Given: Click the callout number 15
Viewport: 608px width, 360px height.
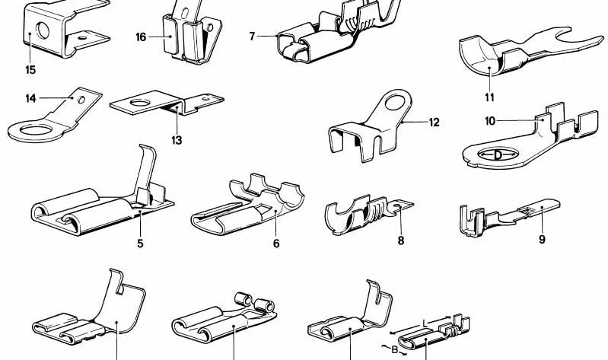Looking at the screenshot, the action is pyautogui.click(x=30, y=70).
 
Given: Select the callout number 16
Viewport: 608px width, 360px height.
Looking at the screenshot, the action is pyautogui.click(x=141, y=37).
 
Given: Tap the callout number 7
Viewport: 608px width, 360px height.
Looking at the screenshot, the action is pyautogui.click(x=252, y=37).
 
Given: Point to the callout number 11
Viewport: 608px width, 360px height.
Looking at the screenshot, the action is pyautogui.click(x=489, y=97).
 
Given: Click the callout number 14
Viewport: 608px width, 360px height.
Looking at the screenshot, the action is pyautogui.click(x=31, y=98).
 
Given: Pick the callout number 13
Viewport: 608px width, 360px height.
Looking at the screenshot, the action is pyautogui.click(x=177, y=140).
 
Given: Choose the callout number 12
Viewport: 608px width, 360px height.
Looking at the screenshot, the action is pyautogui.click(x=435, y=123).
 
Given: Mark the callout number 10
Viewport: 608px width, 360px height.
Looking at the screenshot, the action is pyautogui.click(x=490, y=122).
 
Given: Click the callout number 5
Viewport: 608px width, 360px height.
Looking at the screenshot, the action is pyautogui.click(x=140, y=244).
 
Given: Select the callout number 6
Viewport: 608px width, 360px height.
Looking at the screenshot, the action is pyautogui.click(x=276, y=244).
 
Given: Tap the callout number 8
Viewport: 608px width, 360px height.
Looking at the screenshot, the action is pyautogui.click(x=401, y=241).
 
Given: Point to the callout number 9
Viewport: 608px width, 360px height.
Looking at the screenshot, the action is pyautogui.click(x=542, y=240).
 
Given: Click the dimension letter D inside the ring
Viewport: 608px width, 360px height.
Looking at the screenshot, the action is pyautogui.click(x=498, y=155).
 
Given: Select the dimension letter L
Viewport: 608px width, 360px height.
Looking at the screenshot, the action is pyautogui.click(x=425, y=323).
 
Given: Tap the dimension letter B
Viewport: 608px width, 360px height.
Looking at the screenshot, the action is pyautogui.click(x=394, y=350).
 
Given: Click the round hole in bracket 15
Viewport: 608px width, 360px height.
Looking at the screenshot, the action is pyautogui.click(x=43, y=30).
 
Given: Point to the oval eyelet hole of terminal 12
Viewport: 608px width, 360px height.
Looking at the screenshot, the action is pyautogui.click(x=395, y=103).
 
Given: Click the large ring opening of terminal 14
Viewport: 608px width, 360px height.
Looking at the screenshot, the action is pyautogui.click(x=36, y=130).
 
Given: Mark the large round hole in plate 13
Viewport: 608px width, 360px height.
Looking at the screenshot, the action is pyautogui.click(x=140, y=103).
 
